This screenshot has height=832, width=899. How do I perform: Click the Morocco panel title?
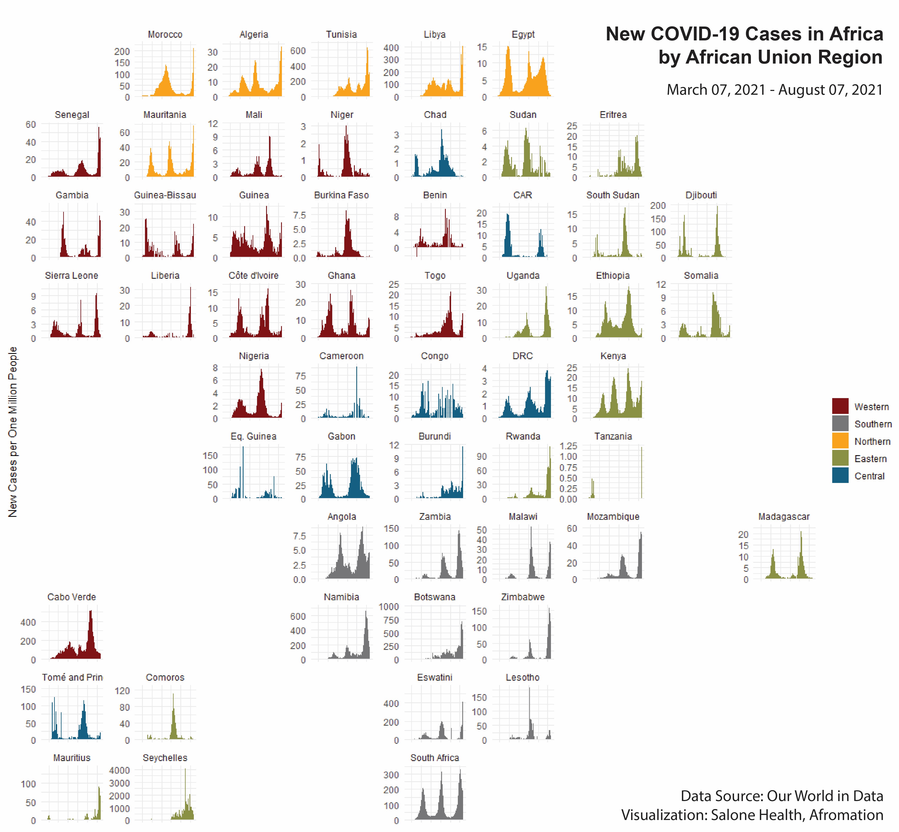click(x=165, y=35)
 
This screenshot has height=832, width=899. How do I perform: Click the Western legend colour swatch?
click(x=840, y=406)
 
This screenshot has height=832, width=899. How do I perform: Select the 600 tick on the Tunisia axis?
click(x=298, y=51)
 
